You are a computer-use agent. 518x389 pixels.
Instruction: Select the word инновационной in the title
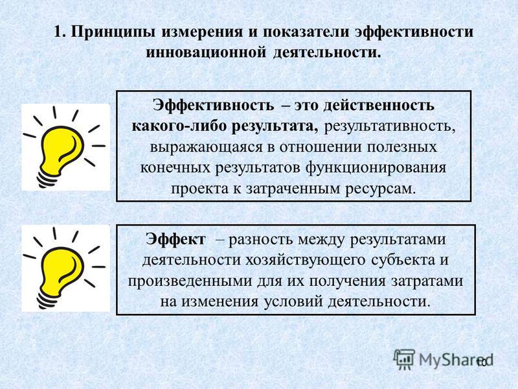(206, 53)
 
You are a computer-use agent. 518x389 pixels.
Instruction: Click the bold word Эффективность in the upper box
(213, 106)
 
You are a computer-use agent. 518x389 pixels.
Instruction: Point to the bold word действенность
(379, 106)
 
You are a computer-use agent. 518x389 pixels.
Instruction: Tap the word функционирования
(376, 168)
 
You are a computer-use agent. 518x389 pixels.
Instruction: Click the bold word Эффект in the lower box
(175, 239)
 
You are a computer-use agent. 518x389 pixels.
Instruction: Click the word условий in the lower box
(293, 302)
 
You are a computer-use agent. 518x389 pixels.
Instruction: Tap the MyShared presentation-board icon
(404, 359)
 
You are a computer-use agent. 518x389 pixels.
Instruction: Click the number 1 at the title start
(58, 32)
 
